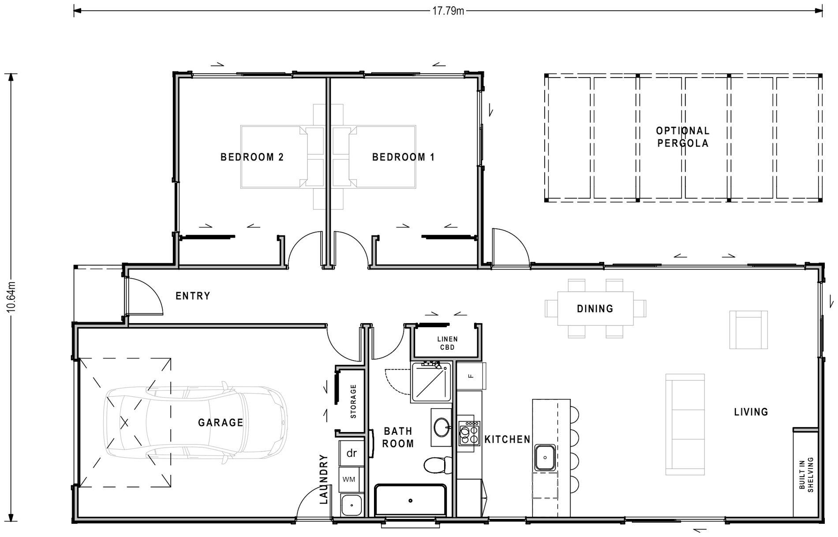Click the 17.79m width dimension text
(448, 11)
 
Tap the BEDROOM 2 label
(252, 157)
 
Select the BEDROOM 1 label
(403, 157)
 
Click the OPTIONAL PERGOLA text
(682, 137)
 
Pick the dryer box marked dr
(352, 453)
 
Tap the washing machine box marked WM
(349, 480)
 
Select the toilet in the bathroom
(437, 464)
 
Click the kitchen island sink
(545, 458)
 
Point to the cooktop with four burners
(468, 433)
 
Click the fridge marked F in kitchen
(471, 376)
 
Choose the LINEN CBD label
(447, 343)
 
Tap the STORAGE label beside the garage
(353, 401)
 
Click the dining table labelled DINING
(595, 309)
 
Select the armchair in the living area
(748, 330)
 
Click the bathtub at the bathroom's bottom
(410, 500)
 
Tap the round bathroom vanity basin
(441, 426)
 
